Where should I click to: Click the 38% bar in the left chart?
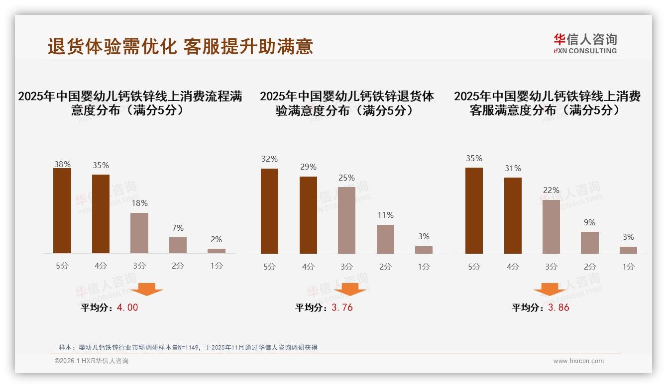pos(62,211)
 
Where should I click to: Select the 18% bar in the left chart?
pos(139,233)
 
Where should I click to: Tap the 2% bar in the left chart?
pos(217,251)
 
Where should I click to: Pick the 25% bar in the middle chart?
pos(346,220)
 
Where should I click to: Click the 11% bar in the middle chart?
pos(385,239)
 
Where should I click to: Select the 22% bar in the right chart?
pos(551,227)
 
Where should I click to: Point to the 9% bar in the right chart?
pos(590,243)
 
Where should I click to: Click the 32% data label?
pos(269,159)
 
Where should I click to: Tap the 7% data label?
pos(178,228)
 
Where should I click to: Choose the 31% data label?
pos(513,169)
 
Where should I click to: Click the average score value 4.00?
pos(127,307)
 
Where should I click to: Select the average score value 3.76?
pos(342,307)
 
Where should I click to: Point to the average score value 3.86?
pos(558,307)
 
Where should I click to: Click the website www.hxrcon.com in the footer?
pos(578,361)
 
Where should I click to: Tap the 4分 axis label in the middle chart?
pos(308,267)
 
